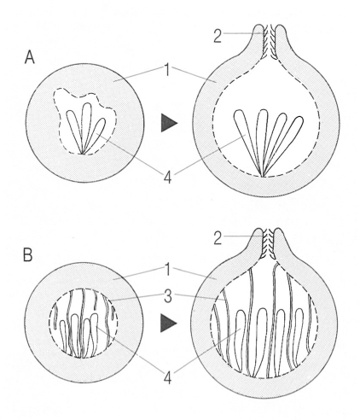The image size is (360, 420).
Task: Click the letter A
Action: [x=30, y=58]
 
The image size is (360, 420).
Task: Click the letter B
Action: [x=28, y=254]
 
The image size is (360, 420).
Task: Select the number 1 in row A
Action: [x=167, y=70]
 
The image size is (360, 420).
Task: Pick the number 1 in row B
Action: [x=167, y=270]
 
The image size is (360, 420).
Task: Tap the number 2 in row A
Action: [x=218, y=37]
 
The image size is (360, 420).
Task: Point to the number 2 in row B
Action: [x=218, y=239]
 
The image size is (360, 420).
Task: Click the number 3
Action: [x=168, y=297]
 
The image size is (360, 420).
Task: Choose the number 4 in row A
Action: [x=168, y=178]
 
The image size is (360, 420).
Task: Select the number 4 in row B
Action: [x=168, y=378]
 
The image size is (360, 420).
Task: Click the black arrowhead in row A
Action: [x=168, y=123]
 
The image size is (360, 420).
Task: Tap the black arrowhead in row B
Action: [x=168, y=324]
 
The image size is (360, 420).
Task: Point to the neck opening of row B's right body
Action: [x=269, y=243]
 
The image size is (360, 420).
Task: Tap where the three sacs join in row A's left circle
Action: [x=83, y=154]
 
